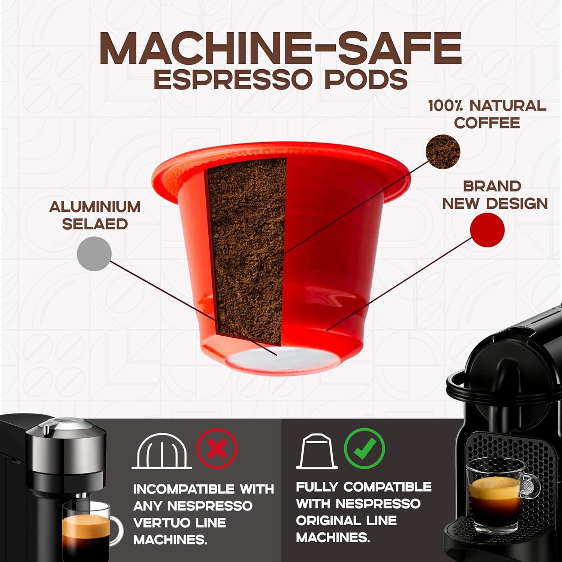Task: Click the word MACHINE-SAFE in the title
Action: pos(280,49)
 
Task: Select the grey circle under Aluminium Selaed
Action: pos(94,254)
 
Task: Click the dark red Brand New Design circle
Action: pos(487,229)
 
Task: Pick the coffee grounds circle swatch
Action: pos(443,152)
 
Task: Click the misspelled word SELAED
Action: pos(95,224)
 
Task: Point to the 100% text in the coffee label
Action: pos(445,106)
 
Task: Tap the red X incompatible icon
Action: pos(217,449)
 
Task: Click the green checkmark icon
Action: pos(364,448)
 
